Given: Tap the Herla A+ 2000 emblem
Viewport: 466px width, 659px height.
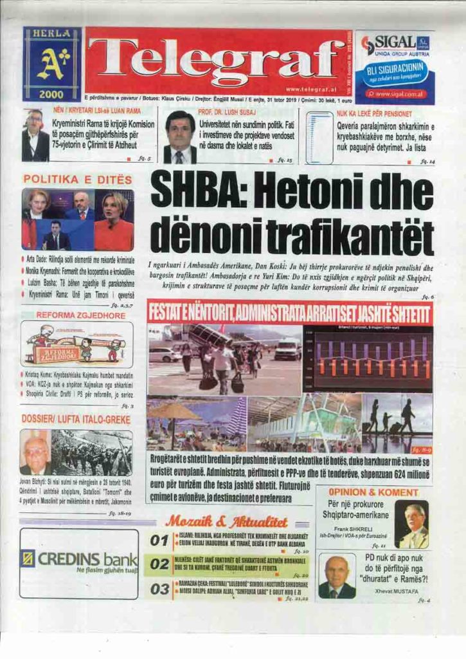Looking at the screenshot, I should [52, 64].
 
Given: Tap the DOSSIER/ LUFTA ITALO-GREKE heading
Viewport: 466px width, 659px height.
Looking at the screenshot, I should [76, 420].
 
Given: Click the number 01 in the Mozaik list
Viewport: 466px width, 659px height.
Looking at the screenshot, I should [159, 541].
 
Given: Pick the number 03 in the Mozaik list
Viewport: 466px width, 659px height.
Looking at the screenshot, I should [159, 589].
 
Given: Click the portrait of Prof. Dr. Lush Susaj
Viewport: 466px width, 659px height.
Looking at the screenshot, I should [180, 137].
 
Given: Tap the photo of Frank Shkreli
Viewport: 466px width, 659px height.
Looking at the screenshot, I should [411, 524].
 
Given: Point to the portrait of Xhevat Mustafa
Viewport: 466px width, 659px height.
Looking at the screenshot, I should [337, 577].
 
